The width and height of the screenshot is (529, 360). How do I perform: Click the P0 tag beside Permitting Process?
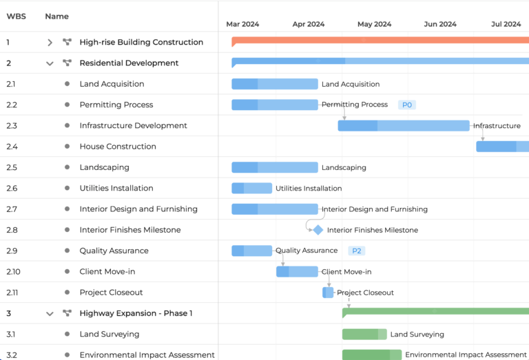tap(407, 105)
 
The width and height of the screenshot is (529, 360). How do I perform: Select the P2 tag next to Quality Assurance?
tap(357, 251)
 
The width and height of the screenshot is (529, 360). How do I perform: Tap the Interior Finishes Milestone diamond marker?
tap(318, 230)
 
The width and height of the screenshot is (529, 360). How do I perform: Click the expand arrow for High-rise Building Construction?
tap(50, 43)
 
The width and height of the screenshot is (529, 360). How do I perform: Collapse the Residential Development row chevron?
tap(50, 63)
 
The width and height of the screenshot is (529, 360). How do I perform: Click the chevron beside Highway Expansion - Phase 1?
tap(50, 313)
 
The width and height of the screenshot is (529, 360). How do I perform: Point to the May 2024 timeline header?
tap(374, 24)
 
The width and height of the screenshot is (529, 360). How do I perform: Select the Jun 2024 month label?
tap(440, 24)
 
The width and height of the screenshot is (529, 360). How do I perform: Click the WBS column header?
tap(17, 16)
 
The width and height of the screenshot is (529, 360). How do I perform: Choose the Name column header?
tap(56, 16)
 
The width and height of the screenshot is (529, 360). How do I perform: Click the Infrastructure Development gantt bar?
tap(404, 126)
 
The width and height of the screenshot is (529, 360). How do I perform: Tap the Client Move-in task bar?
tap(297, 271)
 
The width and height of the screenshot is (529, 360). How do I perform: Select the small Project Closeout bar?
tap(328, 293)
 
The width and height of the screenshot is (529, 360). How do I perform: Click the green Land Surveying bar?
tap(364, 335)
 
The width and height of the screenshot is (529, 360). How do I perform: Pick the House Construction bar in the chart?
tap(502, 147)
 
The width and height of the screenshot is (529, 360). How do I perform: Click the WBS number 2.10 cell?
tap(14, 271)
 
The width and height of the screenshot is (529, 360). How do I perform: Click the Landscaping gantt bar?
tap(274, 167)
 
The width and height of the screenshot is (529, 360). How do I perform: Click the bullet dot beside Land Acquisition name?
tap(67, 84)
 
